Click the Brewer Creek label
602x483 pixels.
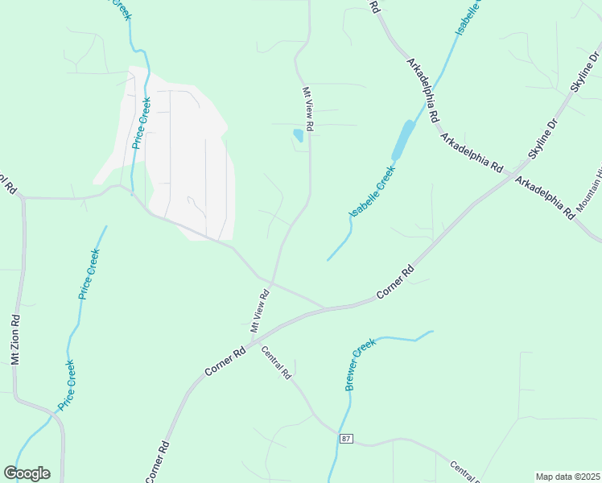361,365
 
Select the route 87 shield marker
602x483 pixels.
346,439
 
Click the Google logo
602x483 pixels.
27,473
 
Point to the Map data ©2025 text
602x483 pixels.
567,476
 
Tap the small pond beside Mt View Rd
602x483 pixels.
299,135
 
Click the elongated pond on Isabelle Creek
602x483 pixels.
402,140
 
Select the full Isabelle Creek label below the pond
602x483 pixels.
372,190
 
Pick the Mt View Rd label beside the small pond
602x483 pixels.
307,109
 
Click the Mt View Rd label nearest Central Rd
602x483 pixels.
259,312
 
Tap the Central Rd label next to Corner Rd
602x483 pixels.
275,362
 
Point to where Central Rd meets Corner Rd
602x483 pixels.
259,345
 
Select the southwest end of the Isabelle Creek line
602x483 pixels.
328,260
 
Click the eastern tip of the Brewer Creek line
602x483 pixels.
432,331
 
